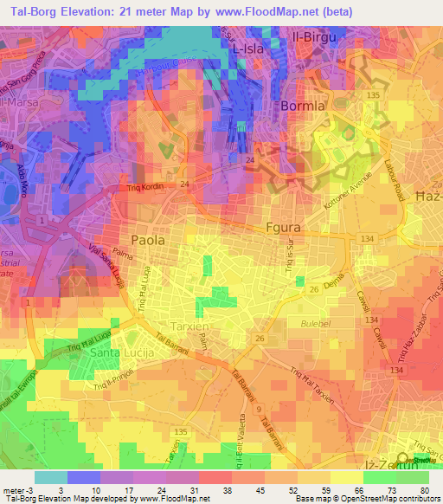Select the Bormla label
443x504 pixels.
pyautogui.click(x=304, y=106)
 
